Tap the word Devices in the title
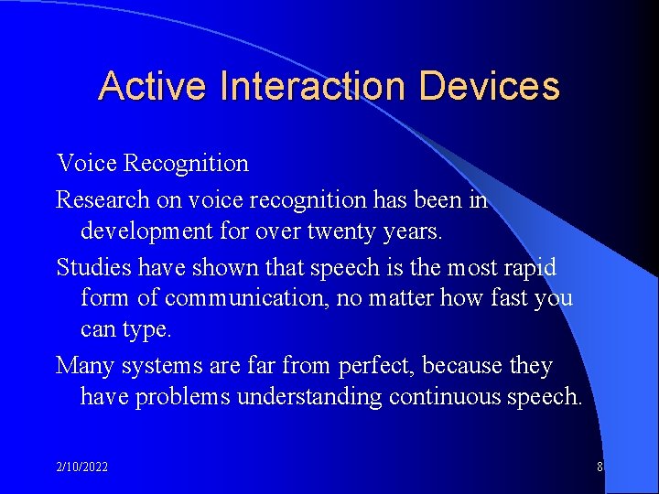[489, 86]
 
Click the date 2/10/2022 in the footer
[81, 467]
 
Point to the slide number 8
[600, 467]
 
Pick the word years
[415, 231]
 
